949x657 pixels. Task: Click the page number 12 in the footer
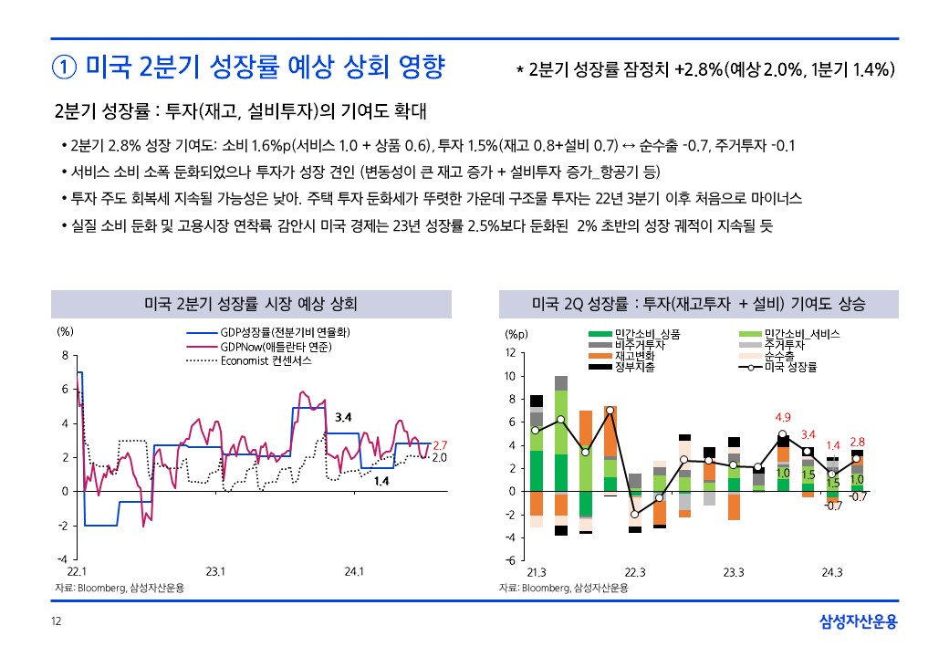[56, 622]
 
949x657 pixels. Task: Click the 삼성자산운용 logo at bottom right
[858, 622]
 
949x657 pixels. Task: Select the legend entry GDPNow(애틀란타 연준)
[275, 348]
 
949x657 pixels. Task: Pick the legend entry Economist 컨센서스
[266, 360]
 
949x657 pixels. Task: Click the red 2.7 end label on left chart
[439, 444]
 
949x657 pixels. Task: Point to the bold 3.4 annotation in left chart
[344, 417]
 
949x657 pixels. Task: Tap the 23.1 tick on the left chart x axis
[215, 572]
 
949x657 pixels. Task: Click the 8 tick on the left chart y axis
[64, 355]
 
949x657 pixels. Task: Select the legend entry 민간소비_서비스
[801, 335]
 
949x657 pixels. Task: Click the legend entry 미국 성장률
[790, 367]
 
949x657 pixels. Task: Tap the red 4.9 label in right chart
[782, 418]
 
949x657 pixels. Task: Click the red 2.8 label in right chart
[857, 442]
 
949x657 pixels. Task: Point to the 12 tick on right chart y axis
[510, 353]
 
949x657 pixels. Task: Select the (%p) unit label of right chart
[516, 334]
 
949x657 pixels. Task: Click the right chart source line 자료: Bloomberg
[563, 589]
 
